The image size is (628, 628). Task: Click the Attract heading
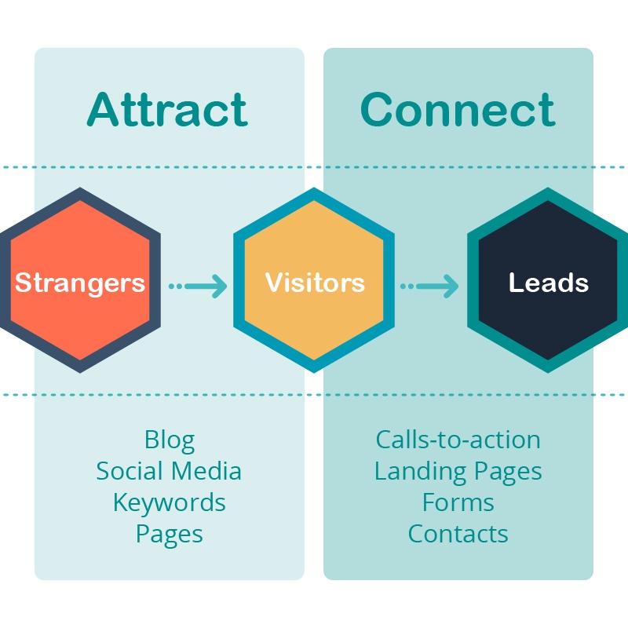(x=167, y=110)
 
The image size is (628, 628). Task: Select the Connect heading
(x=458, y=110)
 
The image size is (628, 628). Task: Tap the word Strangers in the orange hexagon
(x=80, y=283)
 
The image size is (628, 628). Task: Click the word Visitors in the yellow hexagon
(x=315, y=283)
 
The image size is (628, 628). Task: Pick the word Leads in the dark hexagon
(x=549, y=283)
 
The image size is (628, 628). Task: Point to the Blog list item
(x=169, y=440)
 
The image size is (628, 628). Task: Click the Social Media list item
(x=169, y=471)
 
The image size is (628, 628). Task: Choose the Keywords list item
(x=169, y=502)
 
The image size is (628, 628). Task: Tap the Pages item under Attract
(x=169, y=535)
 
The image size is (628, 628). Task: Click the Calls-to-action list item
(x=458, y=440)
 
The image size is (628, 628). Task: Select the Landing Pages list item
(x=458, y=471)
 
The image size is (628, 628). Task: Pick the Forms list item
(x=458, y=502)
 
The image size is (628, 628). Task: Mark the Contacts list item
(x=458, y=534)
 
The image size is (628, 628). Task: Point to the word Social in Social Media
(x=130, y=471)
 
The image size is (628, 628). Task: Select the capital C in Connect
(x=378, y=110)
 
